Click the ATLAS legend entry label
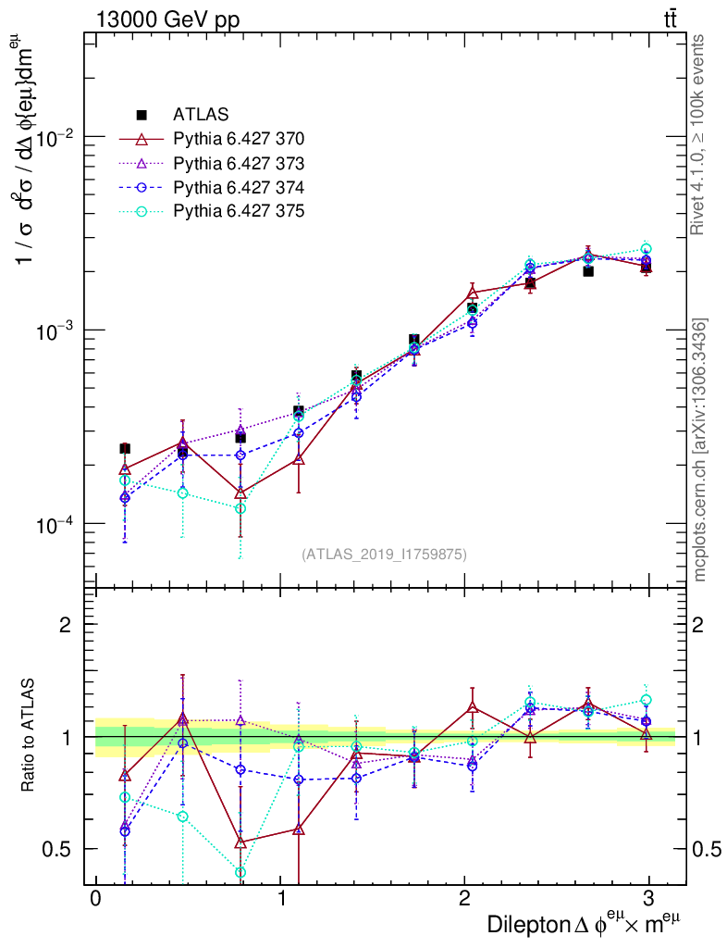click(201, 115)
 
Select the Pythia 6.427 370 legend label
click(239, 139)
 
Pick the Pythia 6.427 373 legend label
click(239, 163)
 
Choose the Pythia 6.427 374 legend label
click(239, 187)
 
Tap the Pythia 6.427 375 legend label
click(239, 211)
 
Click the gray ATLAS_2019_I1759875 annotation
click(384, 555)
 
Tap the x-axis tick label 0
click(96, 899)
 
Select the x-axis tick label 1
click(281, 899)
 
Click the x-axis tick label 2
click(464, 899)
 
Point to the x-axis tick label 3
click(648, 899)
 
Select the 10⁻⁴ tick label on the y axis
click(57, 526)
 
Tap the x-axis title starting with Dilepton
click(585, 924)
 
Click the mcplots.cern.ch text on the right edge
click(700, 450)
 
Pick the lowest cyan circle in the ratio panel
click(240, 872)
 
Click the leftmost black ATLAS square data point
click(125, 448)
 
